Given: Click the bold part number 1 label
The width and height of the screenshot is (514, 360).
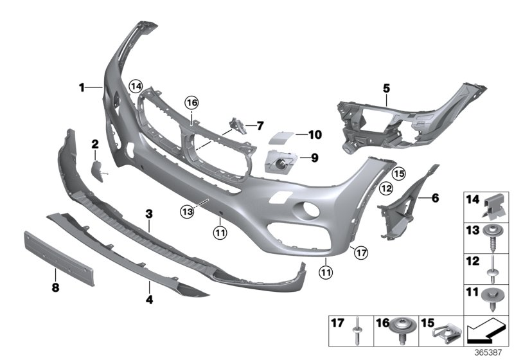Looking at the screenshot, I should pos(82,87).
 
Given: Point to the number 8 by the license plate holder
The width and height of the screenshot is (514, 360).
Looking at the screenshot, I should pos(55,287).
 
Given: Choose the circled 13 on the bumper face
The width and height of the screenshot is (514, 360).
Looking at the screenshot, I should pos(186,210).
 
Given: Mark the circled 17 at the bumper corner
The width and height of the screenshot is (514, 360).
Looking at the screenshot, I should pos(361,253).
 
